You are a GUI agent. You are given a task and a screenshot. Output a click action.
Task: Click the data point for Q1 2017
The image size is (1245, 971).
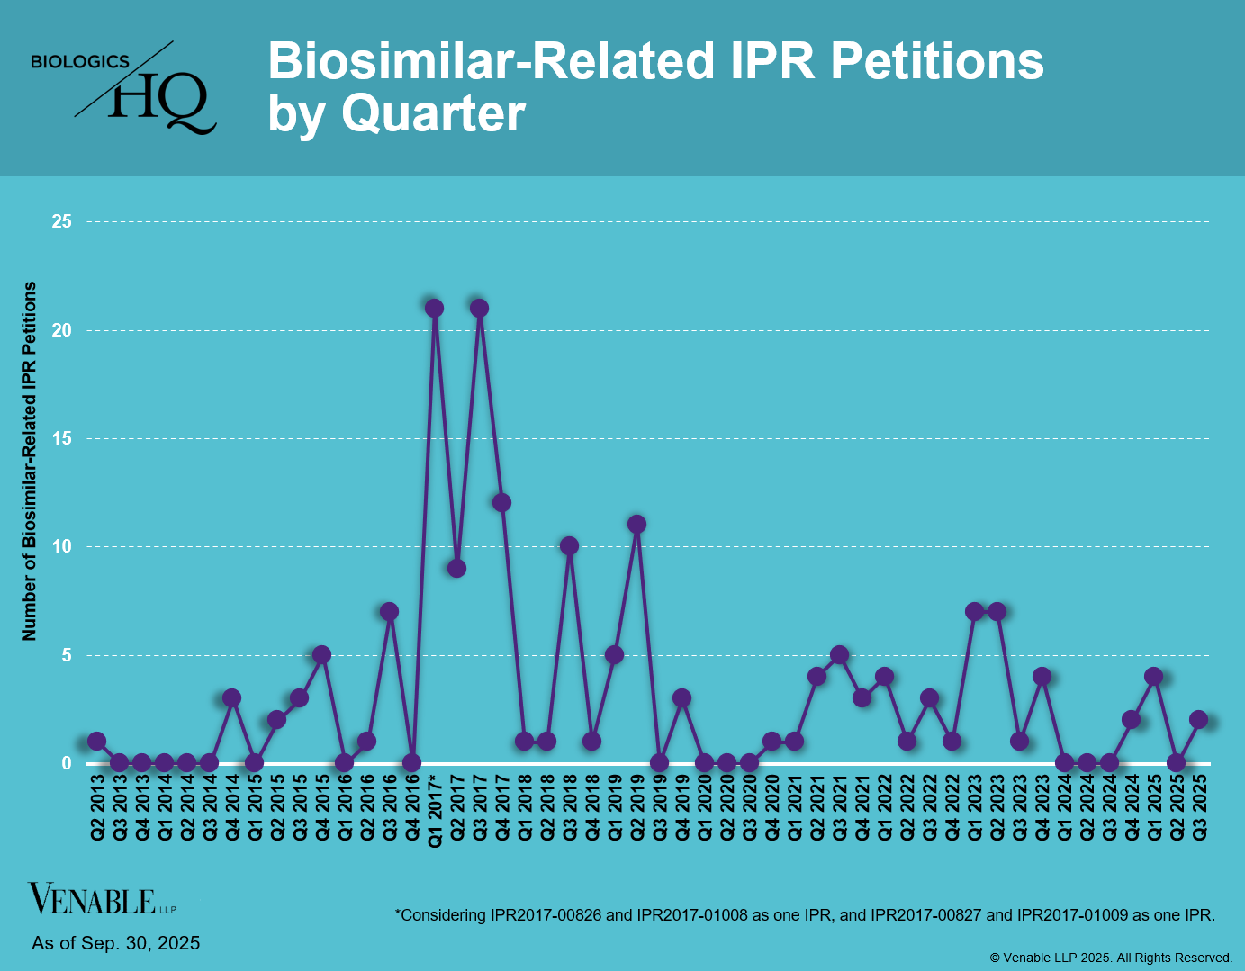(434, 309)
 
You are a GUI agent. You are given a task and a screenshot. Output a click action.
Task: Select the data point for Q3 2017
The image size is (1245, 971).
(479, 309)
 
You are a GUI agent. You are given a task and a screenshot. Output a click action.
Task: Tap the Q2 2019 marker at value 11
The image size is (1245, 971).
(636, 525)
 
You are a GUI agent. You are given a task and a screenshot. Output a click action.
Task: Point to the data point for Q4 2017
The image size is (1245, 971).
(501, 503)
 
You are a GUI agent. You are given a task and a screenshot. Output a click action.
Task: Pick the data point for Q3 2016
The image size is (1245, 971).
(389, 612)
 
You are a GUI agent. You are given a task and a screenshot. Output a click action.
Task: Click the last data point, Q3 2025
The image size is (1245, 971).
(1198, 720)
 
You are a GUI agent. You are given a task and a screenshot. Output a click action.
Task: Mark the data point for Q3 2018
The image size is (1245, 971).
(569, 546)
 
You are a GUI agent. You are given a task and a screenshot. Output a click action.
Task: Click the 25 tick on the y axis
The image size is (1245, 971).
(62, 221)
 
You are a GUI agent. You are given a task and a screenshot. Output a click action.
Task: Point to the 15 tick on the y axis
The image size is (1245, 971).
(62, 438)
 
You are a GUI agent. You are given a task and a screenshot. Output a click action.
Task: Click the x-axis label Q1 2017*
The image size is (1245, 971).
(435, 810)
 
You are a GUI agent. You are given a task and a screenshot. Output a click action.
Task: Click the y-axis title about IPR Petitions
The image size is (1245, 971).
(30, 461)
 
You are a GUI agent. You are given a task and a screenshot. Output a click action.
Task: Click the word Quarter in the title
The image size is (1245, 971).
(433, 114)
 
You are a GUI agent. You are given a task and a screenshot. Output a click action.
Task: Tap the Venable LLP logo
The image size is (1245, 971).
(102, 899)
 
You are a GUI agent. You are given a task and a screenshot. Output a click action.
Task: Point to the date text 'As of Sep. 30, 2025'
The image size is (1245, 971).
(116, 943)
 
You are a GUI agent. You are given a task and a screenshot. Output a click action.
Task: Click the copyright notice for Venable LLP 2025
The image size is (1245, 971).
(1111, 958)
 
